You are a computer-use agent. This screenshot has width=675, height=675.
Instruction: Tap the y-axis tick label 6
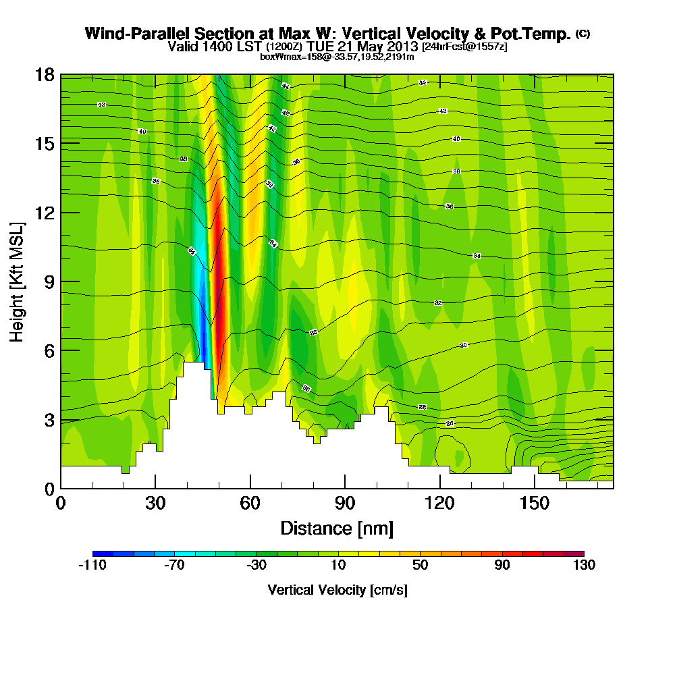tap(49, 350)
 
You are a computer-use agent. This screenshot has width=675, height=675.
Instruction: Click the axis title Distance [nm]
tap(337, 528)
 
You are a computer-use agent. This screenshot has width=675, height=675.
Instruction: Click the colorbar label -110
tap(92, 566)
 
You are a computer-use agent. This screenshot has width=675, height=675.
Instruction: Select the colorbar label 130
tap(584, 566)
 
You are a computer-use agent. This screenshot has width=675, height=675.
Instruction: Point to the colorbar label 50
tap(420, 566)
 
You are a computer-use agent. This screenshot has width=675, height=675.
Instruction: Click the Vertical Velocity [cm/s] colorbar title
tap(337, 590)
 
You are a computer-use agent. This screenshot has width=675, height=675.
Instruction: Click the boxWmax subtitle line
tap(337, 57)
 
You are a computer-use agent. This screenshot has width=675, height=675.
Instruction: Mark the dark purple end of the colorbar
tap(578, 553)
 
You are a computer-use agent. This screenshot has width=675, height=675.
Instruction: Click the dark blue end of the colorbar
tap(99, 553)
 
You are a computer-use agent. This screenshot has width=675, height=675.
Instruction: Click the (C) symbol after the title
tap(583, 34)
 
